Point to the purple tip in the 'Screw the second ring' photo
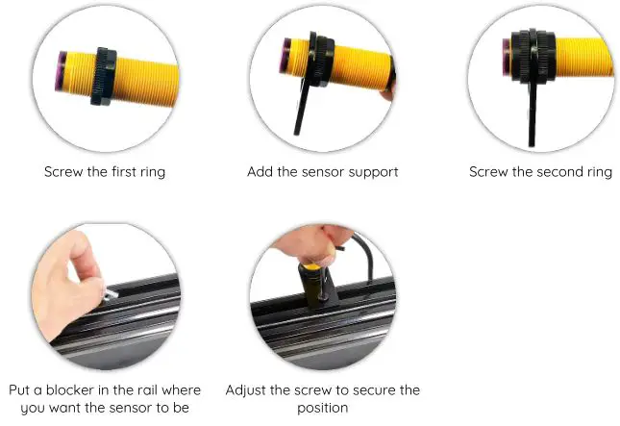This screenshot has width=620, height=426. click(x=505, y=57)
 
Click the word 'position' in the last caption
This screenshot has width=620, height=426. click(x=322, y=407)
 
